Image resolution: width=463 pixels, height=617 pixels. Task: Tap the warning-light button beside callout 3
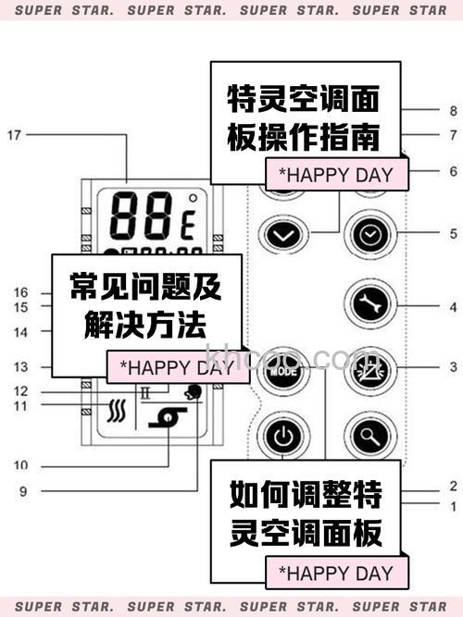tap(369, 367)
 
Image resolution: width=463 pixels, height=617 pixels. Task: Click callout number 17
tap(13, 135)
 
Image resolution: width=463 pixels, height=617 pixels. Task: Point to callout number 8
tap(453, 111)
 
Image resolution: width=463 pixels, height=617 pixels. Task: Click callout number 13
tap(20, 367)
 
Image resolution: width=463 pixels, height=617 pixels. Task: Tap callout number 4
tap(453, 306)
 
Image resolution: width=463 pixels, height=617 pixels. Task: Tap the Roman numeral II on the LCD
tap(145, 392)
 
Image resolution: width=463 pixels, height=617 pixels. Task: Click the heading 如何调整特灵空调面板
tap(306, 516)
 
